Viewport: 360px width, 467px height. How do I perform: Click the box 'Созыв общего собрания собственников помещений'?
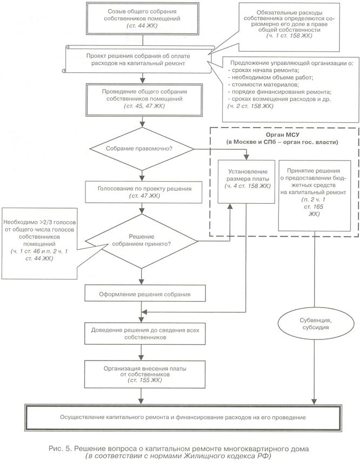click(x=142, y=18)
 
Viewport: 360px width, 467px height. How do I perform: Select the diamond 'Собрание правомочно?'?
click(x=142, y=149)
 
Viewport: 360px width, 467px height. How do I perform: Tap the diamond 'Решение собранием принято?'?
click(x=142, y=241)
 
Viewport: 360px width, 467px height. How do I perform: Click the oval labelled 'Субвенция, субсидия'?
click(x=316, y=324)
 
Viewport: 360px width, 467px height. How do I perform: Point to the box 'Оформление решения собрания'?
click(x=145, y=293)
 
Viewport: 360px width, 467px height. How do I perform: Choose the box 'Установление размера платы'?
click(x=246, y=182)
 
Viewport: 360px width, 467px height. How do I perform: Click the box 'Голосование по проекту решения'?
click(x=144, y=192)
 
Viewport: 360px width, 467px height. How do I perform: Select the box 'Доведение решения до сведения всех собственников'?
click(x=145, y=333)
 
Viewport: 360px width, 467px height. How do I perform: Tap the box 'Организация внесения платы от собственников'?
click(x=145, y=375)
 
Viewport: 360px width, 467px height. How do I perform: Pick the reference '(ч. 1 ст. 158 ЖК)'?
click(x=289, y=36)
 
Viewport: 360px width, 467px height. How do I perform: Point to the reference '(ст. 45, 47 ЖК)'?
click(x=144, y=106)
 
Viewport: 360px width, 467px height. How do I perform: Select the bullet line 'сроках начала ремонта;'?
click(x=264, y=70)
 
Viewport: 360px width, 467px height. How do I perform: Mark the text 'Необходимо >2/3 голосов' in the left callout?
click(x=39, y=222)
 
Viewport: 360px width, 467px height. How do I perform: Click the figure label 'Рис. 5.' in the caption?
click(x=60, y=449)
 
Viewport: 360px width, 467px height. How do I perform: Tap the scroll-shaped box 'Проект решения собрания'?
click(x=138, y=59)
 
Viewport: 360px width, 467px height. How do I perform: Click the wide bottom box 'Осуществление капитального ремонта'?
click(x=183, y=417)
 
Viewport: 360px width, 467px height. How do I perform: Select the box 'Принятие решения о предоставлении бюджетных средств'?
click(x=314, y=195)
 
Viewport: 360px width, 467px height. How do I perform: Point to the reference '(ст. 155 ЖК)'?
click(x=145, y=381)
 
